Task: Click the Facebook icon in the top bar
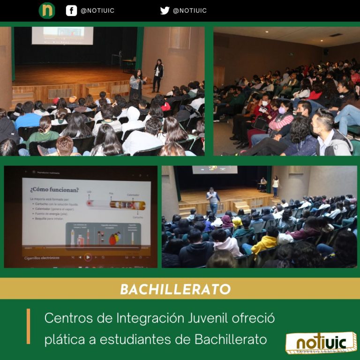coord(71,10)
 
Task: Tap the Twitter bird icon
coord(165,10)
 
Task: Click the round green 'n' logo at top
coord(47,10)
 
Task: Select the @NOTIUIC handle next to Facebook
coord(97,10)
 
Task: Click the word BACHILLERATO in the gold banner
coord(175,289)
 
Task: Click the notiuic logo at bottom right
coord(321,344)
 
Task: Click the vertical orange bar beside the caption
coord(29,326)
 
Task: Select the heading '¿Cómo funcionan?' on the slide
coord(54,190)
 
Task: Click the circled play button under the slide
coord(88,257)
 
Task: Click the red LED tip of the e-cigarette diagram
coord(89,204)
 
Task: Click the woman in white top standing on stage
coord(275,186)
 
